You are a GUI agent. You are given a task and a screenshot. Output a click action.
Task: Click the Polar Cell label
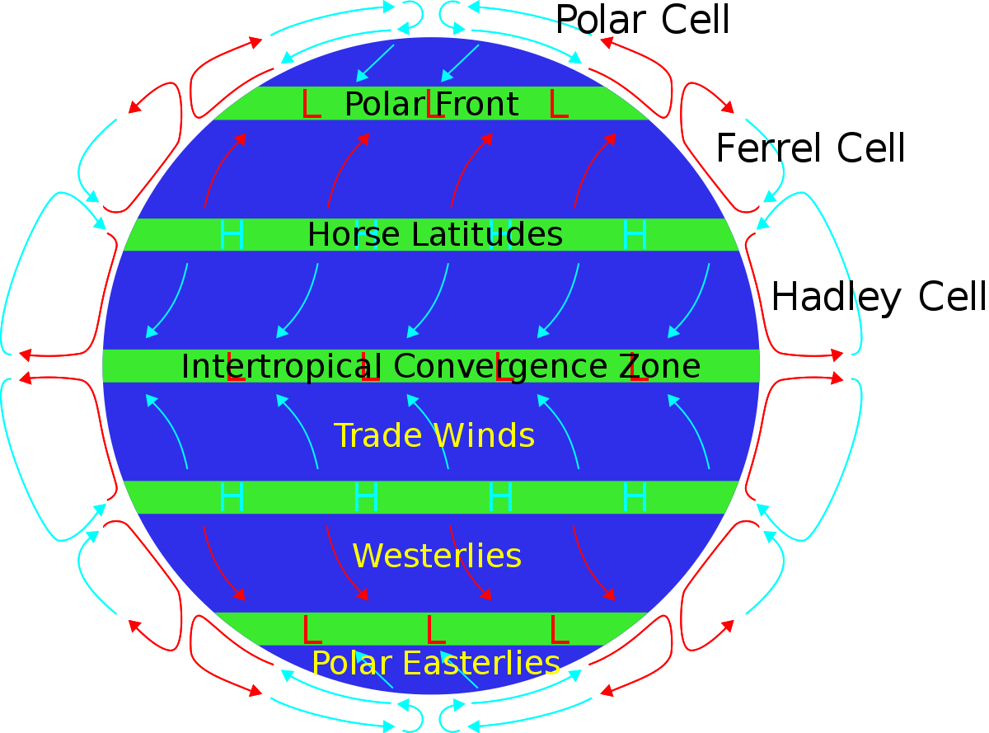(x=643, y=20)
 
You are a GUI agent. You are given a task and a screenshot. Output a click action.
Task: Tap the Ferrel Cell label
(x=810, y=148)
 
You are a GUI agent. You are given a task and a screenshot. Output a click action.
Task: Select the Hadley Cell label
(x=879, y=297)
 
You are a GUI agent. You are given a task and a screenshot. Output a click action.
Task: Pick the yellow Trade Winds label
(x=434, y=435)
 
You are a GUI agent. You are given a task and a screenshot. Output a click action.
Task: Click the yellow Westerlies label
(x=437, y=556)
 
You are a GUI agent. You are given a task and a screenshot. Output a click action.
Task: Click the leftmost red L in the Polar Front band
(x=311, y=105)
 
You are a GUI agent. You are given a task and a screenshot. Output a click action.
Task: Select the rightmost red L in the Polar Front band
(x=558, y=105)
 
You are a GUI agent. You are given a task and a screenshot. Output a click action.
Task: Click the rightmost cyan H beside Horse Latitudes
(x=635, y=235)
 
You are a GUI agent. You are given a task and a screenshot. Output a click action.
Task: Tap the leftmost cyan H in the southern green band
(x=232, y=497)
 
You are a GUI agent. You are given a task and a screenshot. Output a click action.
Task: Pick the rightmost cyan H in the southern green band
(x=635, y=497)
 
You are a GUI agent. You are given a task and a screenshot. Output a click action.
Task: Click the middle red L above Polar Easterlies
(x=435, y=630)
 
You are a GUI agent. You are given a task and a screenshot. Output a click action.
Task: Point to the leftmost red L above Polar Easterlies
(x=312, y=630)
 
